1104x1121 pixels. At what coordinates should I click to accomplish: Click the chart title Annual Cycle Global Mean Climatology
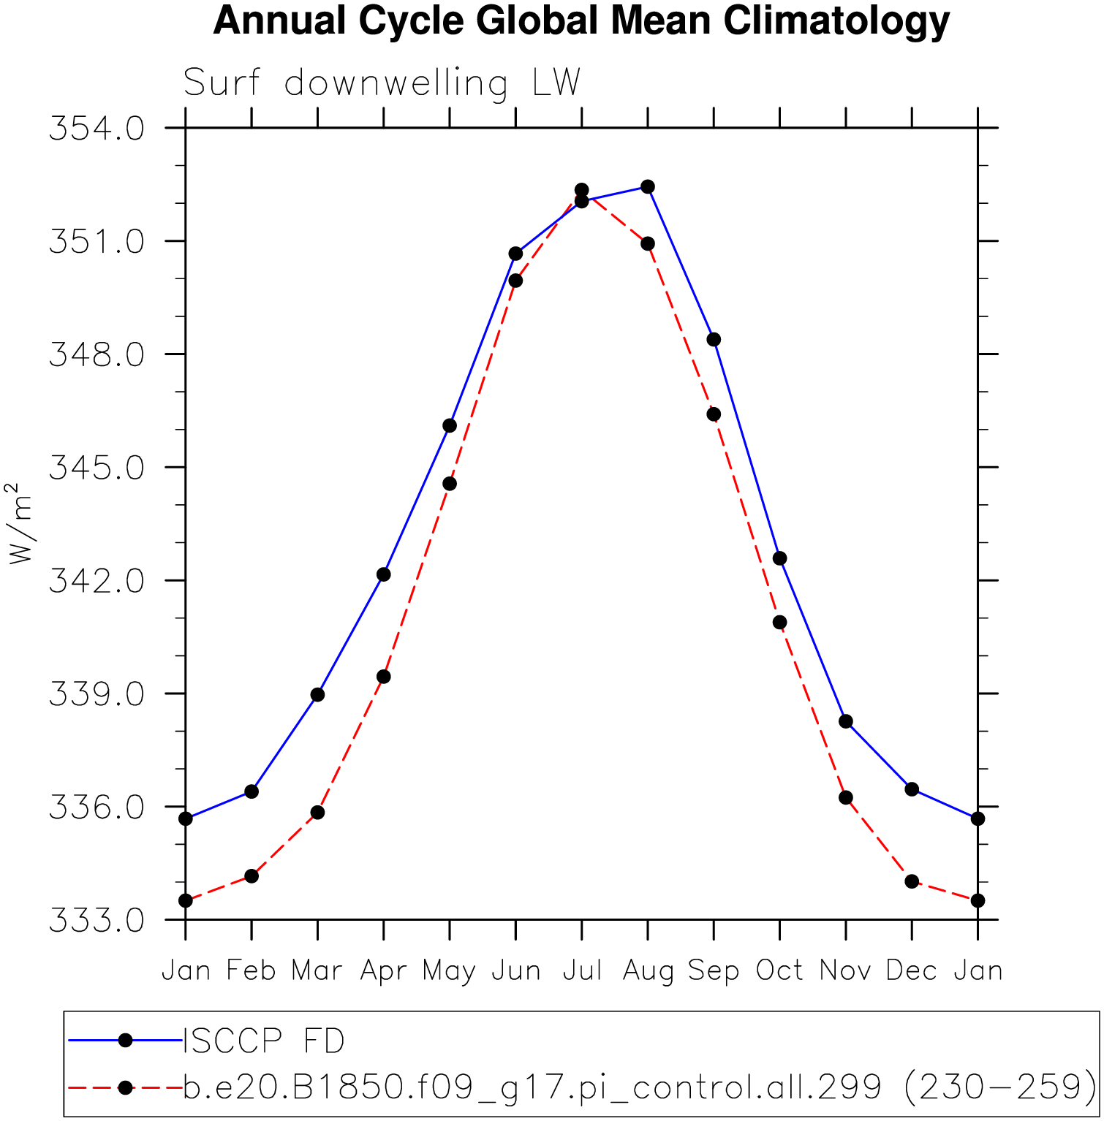click(x=581, y=20)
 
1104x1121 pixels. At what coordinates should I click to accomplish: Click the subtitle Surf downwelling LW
click(x=382, y=83)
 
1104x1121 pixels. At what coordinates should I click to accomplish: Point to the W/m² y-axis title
click(x=20, y=523)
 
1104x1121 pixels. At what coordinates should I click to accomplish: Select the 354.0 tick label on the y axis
click(x=97, y=129)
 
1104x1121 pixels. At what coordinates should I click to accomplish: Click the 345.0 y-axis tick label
click(x=97, y=468)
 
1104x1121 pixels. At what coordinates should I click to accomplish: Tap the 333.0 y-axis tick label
click(x=97, y=921)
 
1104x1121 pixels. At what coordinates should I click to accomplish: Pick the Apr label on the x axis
click(x=383, y=971)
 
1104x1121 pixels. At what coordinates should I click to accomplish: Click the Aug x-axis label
click(x=648, y=971)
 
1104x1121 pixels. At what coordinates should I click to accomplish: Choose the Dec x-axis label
click(x=911, y=970)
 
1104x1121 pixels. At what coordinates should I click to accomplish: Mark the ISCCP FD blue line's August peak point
click(x=648, y=187)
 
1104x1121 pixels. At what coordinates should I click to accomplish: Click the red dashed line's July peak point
click(x=582, y=190)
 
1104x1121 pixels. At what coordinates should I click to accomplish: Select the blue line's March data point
click(x=317, y=694)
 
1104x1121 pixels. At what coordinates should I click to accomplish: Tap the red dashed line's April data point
click(x=383, y=677)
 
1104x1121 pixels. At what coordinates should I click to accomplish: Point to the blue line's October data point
click(x=780, y=558)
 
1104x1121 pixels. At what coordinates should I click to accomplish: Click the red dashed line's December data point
click(x=912, y=881)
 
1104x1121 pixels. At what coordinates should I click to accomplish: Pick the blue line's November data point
click(x=846, y=721)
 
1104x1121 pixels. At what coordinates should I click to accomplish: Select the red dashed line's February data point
click(x=252, y=875)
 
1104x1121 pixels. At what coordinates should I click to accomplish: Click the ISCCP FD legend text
click(x=264, y=1041)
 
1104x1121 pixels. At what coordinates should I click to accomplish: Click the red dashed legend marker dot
click(x=126, y=1087)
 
